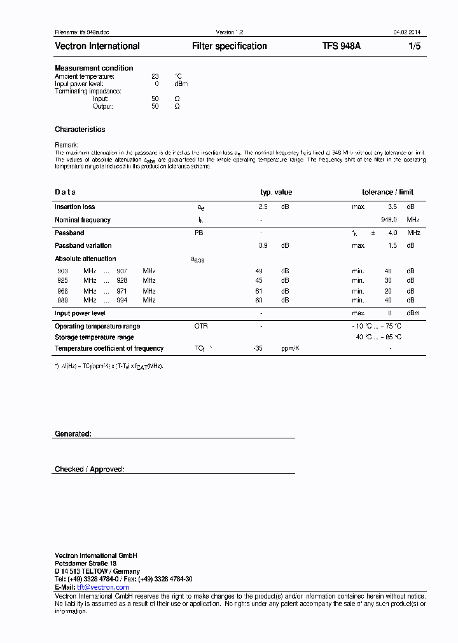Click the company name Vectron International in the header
[97, 46]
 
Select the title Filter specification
[229, 46]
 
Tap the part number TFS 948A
[342, 46]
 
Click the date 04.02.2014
[406, 32]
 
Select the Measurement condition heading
[94, 68]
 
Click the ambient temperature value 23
[155, 76]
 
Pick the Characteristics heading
[80, 130]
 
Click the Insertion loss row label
[75, 206]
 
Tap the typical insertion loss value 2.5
[263, 206]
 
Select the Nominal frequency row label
[83, 220]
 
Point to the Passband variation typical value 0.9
[263, 245]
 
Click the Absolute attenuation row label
[85, 259]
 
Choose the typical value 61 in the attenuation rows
[259, 290]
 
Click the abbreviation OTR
[201, 326]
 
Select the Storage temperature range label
[94, 337]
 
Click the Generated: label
[73, 433]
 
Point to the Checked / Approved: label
[90, 470]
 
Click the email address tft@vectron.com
[102, 587]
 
